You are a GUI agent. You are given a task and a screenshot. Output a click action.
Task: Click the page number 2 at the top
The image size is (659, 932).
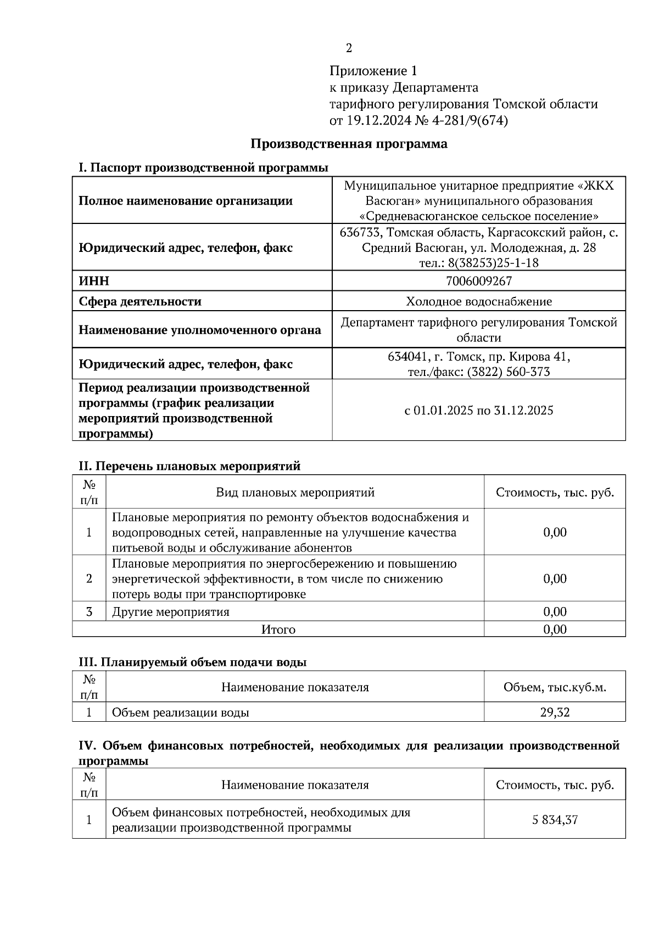pos(349,48)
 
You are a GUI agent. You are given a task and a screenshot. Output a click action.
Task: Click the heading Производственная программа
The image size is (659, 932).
pos(349,144)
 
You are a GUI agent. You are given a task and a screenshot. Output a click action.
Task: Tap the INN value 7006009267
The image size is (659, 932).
pos(479,281)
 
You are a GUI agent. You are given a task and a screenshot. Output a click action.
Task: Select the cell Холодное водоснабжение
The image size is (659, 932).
pos(479,301)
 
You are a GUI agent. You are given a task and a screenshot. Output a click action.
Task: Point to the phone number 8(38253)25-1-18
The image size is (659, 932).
pos(493,263)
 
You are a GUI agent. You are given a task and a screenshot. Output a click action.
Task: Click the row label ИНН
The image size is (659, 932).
pos(94,281)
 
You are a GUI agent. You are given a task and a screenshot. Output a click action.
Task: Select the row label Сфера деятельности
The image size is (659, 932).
pos(140,301)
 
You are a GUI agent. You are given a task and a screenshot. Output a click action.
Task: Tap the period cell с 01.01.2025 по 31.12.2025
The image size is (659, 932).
pos(479,410)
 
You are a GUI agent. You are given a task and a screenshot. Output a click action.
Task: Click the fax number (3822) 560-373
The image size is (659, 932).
pos(509,372)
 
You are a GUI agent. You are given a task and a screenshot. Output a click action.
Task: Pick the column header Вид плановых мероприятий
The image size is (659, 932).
pos(295,492)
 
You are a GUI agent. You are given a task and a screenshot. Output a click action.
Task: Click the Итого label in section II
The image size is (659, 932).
pos(278,630)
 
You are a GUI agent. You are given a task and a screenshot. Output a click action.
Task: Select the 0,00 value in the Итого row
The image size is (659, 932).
pos(555,630)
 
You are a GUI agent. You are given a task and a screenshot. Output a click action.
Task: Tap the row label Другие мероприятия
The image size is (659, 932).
pos(171,611)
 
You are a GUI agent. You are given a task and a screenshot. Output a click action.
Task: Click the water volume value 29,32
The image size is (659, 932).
pos(555,712)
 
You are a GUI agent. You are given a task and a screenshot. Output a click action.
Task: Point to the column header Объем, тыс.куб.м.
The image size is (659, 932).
pos(555,687)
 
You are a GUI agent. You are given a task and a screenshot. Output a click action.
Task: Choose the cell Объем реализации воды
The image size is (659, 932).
pos(181,712)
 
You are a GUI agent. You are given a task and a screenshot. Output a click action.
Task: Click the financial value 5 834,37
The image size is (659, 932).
pos(555,820)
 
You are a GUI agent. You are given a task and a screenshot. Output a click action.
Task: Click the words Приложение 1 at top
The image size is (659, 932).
pos(373,71)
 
